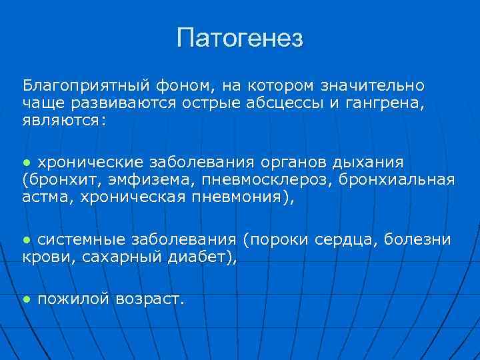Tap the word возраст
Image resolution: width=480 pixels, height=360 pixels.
[149, 299]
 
